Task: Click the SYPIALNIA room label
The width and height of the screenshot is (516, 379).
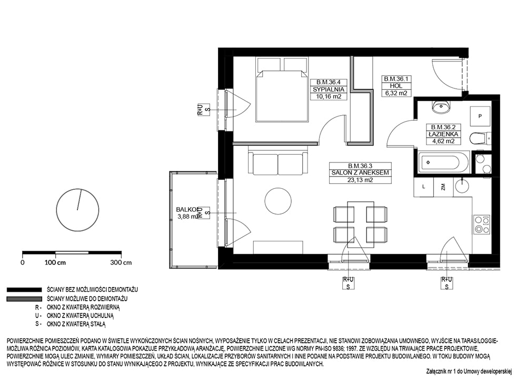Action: (329, 89)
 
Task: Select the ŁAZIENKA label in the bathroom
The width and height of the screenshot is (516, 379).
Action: (443, 134)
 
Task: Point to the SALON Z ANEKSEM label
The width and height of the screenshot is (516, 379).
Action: (360, 173)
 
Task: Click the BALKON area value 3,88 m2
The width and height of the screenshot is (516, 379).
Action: (187, 217)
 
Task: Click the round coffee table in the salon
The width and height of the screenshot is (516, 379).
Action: (278, 201)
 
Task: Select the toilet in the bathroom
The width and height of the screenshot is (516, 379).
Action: (480, 138)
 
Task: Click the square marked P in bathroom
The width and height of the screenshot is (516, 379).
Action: (480, 116)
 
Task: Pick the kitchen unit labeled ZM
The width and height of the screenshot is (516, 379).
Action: (443, 187)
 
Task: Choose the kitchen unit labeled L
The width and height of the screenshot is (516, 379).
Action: (424, 187)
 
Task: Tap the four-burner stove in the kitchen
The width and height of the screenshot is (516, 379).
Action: (481, 224)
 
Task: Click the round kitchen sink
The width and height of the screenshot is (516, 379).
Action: (464, 186)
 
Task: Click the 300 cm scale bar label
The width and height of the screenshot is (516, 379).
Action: (121, 262)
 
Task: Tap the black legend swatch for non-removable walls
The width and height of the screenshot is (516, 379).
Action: (24, 290)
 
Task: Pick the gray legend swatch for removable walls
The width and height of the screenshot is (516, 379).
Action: (24, 299)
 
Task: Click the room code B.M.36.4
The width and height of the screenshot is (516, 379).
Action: (329, 82)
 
